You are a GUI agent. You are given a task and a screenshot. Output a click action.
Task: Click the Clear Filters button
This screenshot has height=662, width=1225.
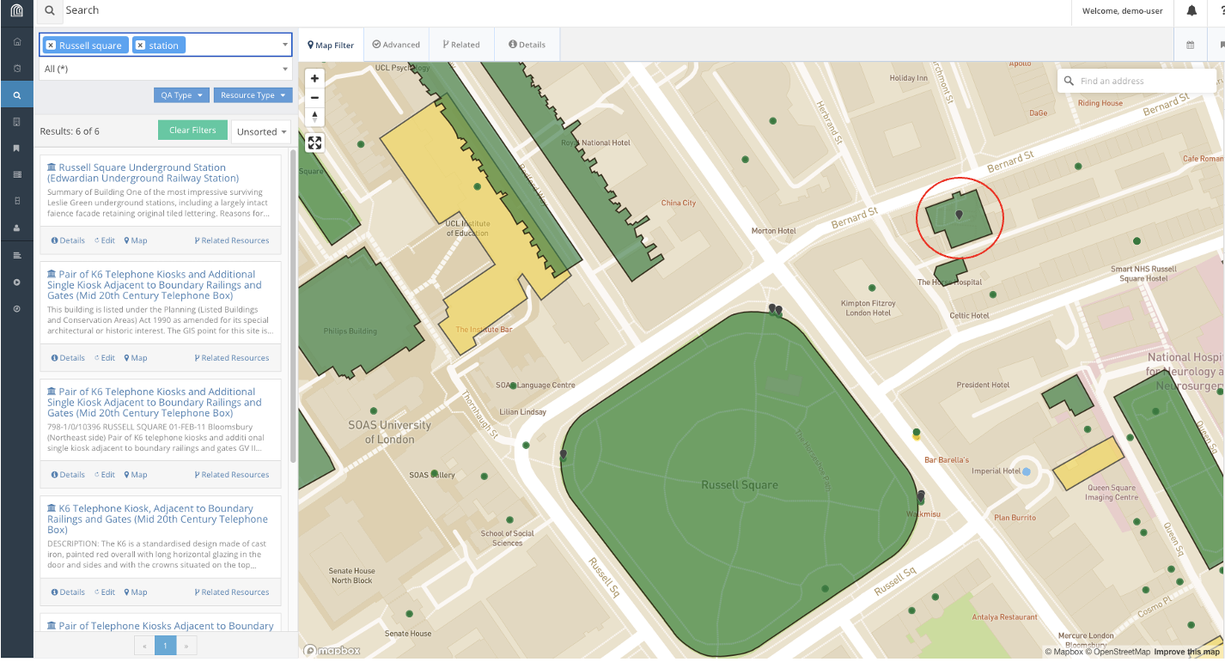point(192,131)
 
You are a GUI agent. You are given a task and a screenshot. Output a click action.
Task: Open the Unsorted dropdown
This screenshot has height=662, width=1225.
point(261,131)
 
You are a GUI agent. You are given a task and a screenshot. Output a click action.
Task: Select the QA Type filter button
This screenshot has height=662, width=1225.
point(181,95)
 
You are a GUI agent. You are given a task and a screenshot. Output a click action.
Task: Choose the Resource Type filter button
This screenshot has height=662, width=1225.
point(253,95)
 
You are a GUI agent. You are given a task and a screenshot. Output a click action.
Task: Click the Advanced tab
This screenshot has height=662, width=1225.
point(396,45)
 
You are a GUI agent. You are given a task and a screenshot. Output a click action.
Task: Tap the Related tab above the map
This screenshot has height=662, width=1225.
point(461,45)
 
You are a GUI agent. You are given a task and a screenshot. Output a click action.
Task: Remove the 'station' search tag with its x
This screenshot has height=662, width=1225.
point(141,46)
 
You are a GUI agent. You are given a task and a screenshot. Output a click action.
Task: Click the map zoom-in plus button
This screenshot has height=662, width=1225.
point(315,78)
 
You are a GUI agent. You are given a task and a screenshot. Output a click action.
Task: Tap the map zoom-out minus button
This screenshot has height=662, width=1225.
point(315,97)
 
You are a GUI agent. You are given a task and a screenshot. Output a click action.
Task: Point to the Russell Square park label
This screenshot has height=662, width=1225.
point(740,485)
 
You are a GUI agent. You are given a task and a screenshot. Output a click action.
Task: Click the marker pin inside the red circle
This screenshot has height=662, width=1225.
point(960,216)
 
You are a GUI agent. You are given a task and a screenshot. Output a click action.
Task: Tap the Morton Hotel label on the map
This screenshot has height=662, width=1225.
point(773,231)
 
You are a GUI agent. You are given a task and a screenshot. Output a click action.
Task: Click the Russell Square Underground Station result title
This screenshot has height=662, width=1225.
point(142,173)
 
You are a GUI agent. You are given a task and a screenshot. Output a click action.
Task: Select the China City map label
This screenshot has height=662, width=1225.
point(678,203)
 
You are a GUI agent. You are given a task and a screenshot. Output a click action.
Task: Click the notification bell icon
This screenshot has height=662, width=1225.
point(1191,11)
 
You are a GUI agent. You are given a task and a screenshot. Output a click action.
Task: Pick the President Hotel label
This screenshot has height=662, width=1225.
point(983,386)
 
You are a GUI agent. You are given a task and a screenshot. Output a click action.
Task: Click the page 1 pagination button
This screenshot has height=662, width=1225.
point(165,645)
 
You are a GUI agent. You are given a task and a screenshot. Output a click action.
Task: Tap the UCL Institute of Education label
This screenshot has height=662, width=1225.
point(466,228)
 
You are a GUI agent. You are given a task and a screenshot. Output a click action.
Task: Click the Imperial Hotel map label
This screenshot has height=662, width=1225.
point(996,471)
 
